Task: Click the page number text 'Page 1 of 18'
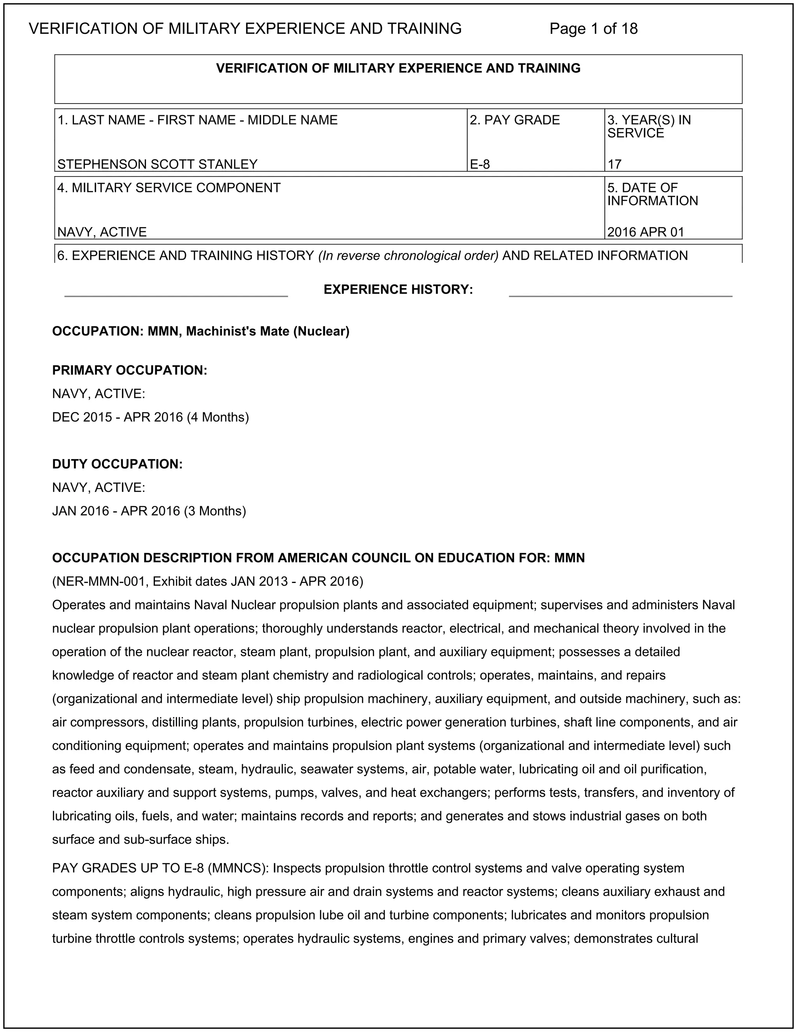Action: (593, 29)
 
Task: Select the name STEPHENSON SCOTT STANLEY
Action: (157, 164)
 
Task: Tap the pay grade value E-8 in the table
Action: (480, 164)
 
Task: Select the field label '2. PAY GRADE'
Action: (514, 120)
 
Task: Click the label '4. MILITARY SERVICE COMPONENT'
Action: (169, 188)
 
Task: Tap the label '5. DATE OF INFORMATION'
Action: (652, 194)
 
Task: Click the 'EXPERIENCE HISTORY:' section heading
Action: (398, 290)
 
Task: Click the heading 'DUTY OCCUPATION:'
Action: (117, 464)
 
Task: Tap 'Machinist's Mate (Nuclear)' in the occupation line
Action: (267, 332)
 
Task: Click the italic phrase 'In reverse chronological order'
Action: (408, 255)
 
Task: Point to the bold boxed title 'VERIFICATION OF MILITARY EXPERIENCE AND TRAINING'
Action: (398, 69)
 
